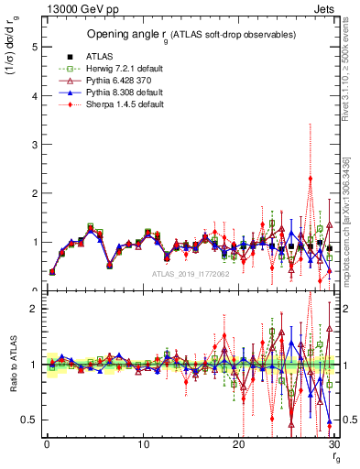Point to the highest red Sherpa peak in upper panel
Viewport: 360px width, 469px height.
(x=311, y=178)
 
